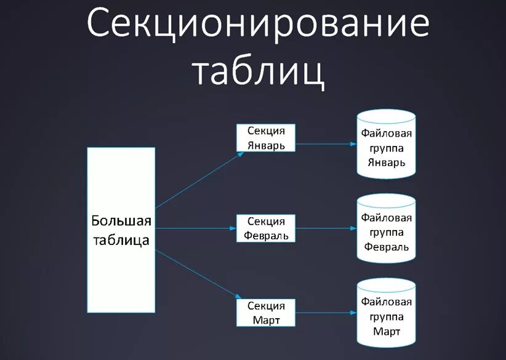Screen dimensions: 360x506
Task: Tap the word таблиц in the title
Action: [258, 73]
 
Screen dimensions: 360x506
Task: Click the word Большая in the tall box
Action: [121, 220]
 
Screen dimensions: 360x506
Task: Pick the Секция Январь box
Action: [266, 138]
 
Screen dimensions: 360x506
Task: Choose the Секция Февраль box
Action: [266, 228]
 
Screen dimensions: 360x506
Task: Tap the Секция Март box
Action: [266, 313]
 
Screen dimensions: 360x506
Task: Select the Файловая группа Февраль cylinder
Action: [387, 231]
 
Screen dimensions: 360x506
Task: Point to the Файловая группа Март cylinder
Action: [387, 316]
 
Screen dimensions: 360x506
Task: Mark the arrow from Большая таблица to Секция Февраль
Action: [196, 228]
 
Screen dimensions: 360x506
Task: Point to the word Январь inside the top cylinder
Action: [387, 162]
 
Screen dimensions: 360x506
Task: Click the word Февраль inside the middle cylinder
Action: [387, 247]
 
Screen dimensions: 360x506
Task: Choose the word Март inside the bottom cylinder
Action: [387, 332]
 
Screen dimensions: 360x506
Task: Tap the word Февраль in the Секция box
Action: [266, 235]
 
